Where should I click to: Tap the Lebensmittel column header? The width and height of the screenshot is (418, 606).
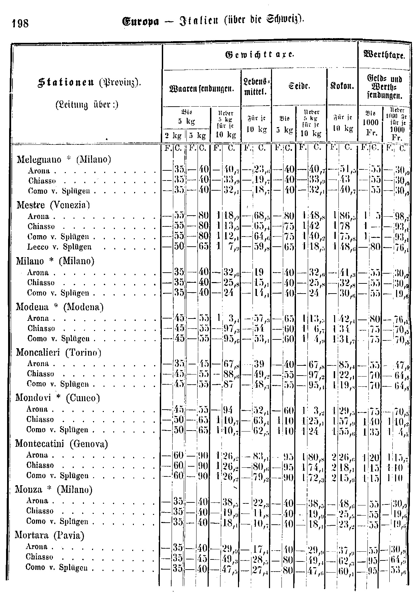coord(257,86)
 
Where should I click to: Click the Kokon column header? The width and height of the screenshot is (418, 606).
coord(342,86)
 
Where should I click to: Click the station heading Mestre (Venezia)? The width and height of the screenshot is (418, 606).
coord(53,205)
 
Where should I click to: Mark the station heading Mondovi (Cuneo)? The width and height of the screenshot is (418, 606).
coord(58,398)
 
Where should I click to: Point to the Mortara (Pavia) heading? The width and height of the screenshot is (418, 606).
coord(50,535)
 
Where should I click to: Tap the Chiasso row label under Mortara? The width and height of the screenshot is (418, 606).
coord(39,557)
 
